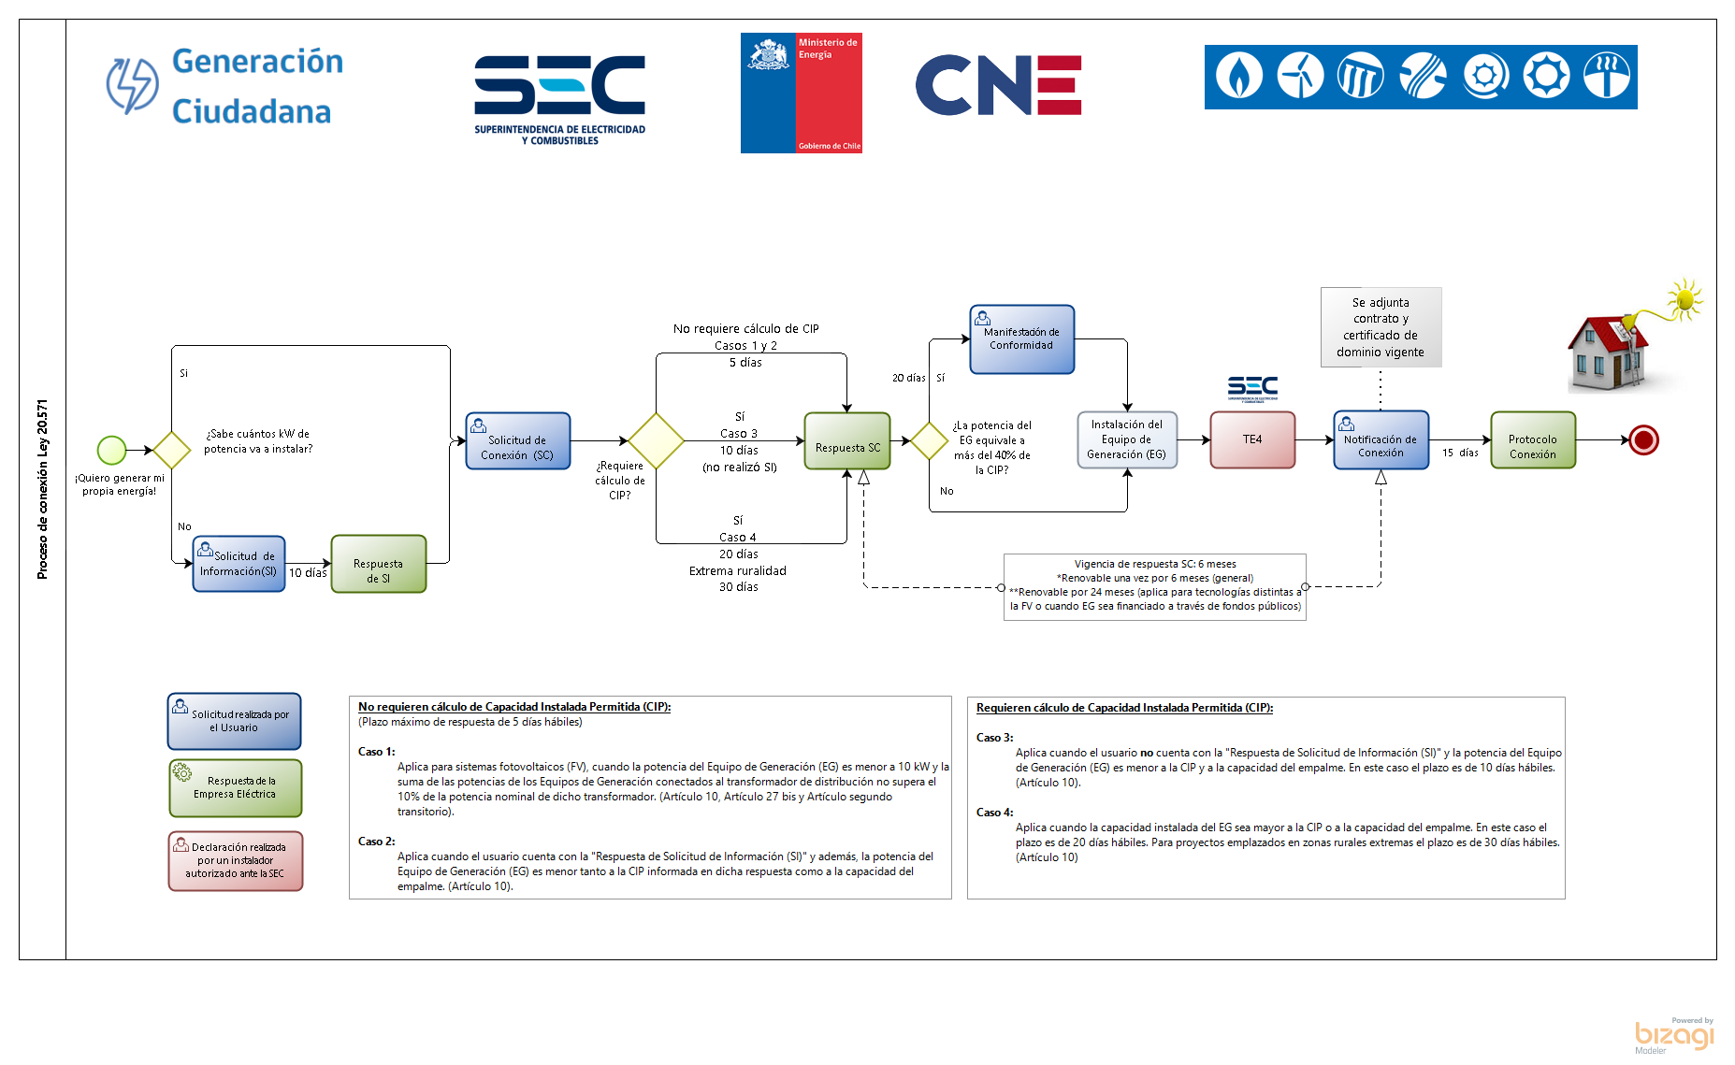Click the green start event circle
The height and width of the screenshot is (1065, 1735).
click(x=112, y=450)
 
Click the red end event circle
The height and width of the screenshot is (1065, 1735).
click(x=1643, y=439)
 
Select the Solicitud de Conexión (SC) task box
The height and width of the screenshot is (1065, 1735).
click(x=517, y=441)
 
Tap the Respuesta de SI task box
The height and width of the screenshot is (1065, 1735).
click(x=378, y=564)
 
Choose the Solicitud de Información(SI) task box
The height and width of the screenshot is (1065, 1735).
click(x=239, y=564)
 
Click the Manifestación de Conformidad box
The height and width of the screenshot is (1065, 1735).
click(x=1021, y=339)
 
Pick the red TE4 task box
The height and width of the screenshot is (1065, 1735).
click(x=1252, y=439)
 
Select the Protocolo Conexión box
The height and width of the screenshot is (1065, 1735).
click(x=1532, y=440)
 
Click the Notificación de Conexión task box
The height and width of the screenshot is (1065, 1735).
click(x=1381, y=440)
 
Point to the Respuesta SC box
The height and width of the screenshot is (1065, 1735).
click(x=847, y=441)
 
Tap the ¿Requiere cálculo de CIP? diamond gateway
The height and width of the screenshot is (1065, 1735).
click(x=657, y=440)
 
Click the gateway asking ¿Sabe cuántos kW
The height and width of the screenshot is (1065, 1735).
click(x=172, y=450)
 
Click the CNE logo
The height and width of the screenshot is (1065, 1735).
click(x=998, y=85)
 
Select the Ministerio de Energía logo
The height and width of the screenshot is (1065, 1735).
click(x=801, y=93)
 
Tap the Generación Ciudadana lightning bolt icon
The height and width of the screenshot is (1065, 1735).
click(x=132, y=86)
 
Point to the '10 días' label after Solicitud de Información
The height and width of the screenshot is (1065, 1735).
click(x=308, y=572)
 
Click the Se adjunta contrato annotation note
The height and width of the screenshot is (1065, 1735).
click(x=1381, y=327)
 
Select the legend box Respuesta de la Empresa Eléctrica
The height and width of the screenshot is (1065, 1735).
click(x=236, y=787)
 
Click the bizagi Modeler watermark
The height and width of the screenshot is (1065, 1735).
click(x=1673, y=1036)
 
